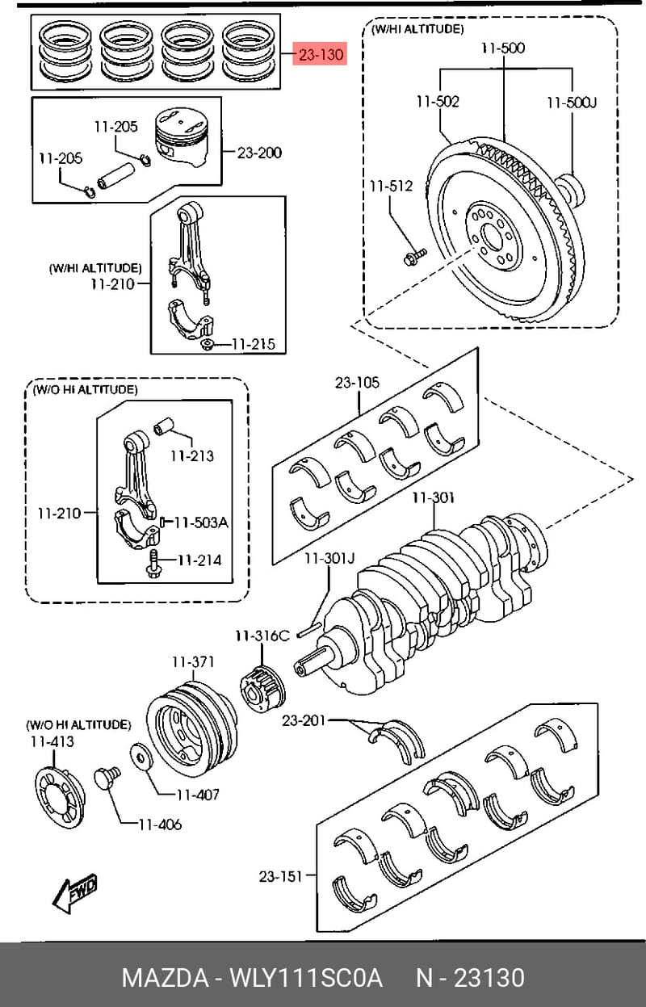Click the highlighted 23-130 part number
coord(320,54)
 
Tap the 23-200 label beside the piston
coord(259,153)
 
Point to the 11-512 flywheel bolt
coord(414,257)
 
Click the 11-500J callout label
coord(572,103)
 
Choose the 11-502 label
coord(438,102)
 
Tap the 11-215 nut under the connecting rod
coord(208,345)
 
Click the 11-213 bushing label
coord(192,455)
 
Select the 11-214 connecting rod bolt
coord(153,562)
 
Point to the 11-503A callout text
coord(201,522)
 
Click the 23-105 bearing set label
coord(357,383)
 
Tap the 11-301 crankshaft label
coord(434,497)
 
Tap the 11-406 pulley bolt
coord(107,779)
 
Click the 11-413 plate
coord(60,797)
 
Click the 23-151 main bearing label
coord(280,876)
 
